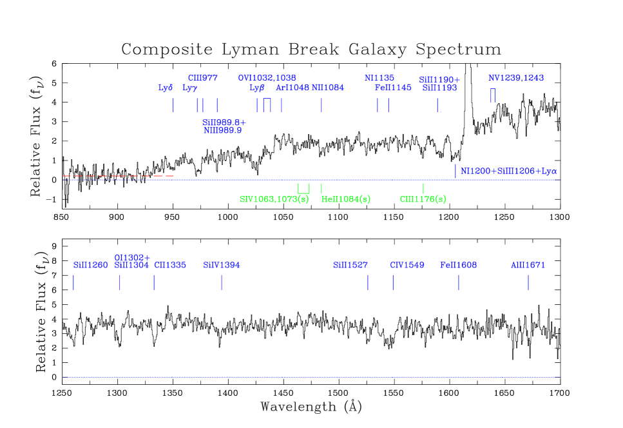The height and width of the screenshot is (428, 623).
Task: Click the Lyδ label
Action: tap(166, 88)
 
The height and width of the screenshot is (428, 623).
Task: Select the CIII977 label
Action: tap(203, 78)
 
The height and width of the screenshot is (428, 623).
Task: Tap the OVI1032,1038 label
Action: tap(267, 78)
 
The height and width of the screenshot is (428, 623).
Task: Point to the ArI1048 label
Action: tap(292, 88)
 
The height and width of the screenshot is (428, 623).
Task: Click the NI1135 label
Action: tap(379, 78)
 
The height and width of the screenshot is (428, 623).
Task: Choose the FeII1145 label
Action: tap(393, 88)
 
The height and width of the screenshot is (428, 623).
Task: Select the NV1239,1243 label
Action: tap(515, 78)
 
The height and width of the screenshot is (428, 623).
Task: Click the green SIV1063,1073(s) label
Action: tap(274, 199)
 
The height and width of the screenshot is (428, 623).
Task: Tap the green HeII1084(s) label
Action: tap(346, 199)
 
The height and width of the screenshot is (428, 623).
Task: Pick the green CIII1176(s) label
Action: tap(423, 199)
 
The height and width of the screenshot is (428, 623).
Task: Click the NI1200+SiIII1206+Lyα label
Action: tap(508, 171)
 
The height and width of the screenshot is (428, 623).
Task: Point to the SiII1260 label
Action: tap(91, 265)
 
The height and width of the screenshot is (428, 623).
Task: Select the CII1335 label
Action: tap(170, 265)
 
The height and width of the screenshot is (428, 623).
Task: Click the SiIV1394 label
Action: tap(222, 265)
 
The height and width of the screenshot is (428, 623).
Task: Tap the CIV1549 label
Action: tap(407, 265)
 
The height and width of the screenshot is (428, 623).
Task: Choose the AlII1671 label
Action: tap(528, 265)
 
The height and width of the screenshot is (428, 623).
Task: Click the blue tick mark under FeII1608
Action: tap(459, 282)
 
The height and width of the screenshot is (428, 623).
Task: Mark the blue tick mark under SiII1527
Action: tap(368, 282)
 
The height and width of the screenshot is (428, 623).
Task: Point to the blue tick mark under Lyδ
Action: tap(173, 105)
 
